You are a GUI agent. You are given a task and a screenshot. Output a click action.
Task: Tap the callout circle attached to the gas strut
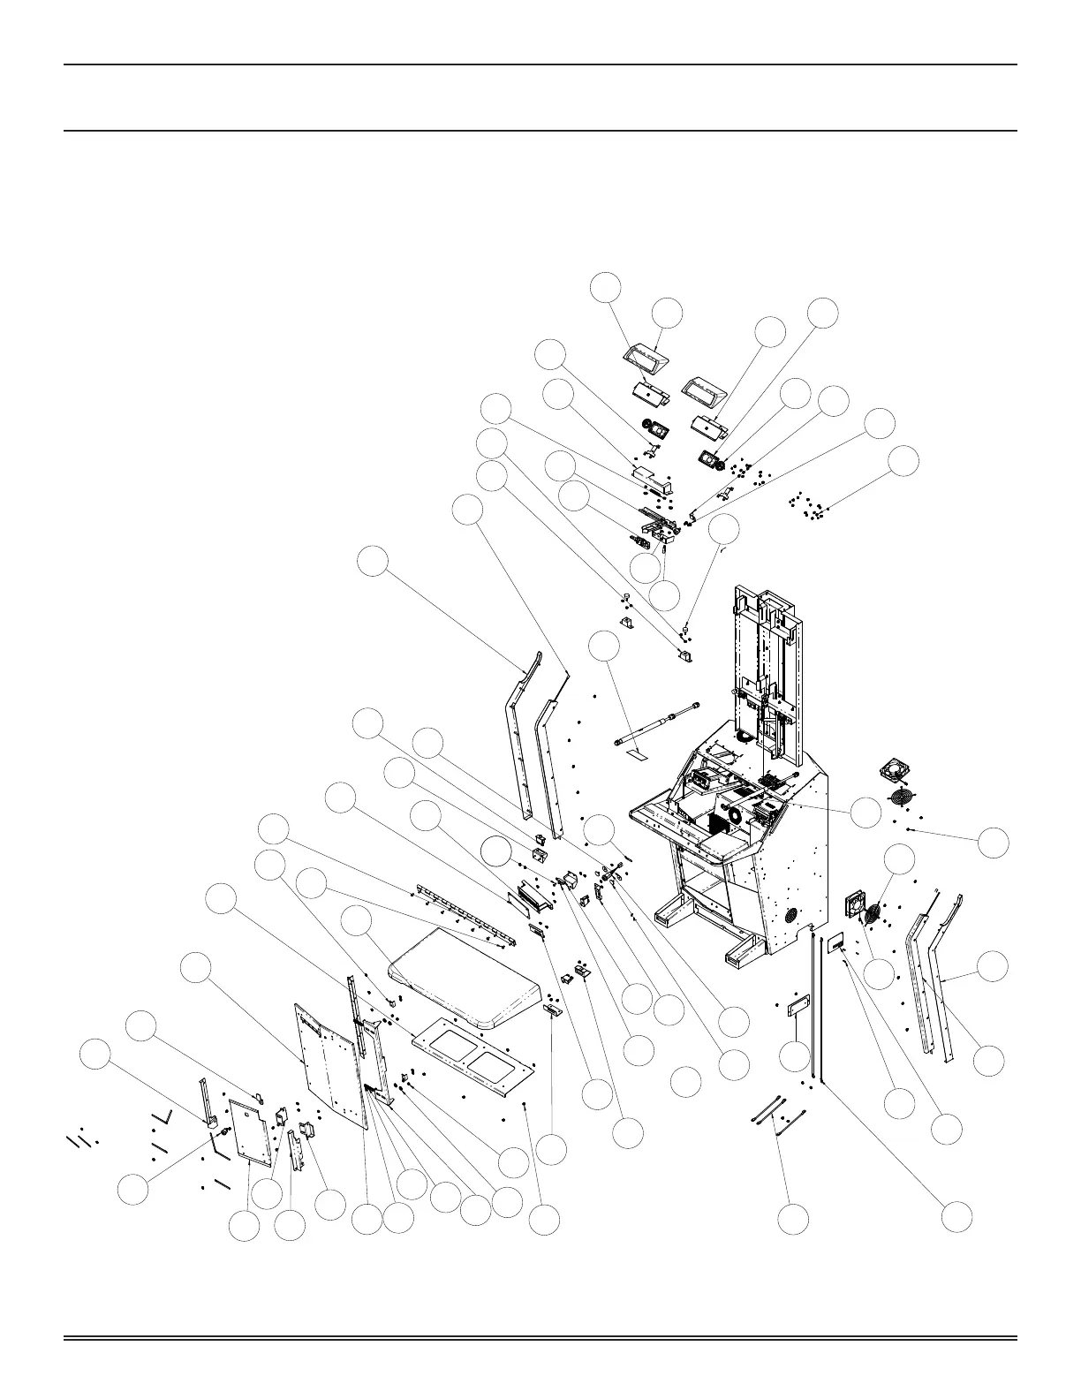point(605,646)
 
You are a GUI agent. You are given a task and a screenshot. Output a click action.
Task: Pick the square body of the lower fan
point(855,903)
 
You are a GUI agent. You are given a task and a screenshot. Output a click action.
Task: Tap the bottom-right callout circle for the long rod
point(956,1217)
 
